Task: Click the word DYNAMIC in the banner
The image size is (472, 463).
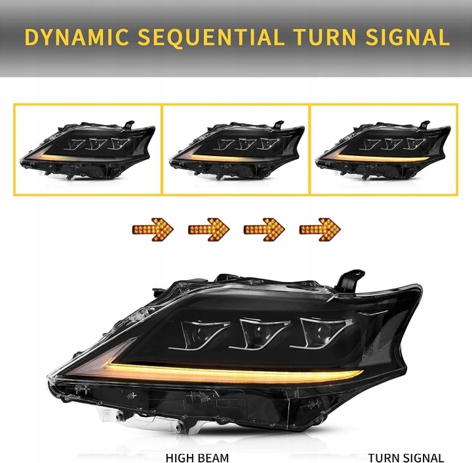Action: coord(77,37)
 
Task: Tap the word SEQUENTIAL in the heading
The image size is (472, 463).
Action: coord(210,37)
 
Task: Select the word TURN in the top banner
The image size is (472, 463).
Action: coord(324,37)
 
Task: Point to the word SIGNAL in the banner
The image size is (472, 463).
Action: coord(408,37)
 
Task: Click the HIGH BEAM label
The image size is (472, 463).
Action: coord(197,458)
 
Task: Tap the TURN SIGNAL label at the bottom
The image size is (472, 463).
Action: coord(406,458)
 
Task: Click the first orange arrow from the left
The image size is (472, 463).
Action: coord(153,230)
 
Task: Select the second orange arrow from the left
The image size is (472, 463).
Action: coord(208,230)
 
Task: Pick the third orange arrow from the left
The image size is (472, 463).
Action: coord(264,230)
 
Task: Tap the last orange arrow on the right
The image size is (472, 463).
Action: coord(320,230)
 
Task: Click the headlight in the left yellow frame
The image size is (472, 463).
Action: coord(88,150)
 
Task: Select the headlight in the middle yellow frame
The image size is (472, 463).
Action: coord(237,150)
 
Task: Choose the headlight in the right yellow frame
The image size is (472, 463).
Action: coord(383,150)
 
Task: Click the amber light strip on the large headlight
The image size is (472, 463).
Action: coord(232,373)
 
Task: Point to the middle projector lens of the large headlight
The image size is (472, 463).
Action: coord(260,333)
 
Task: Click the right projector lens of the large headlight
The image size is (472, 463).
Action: coord(321,332)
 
